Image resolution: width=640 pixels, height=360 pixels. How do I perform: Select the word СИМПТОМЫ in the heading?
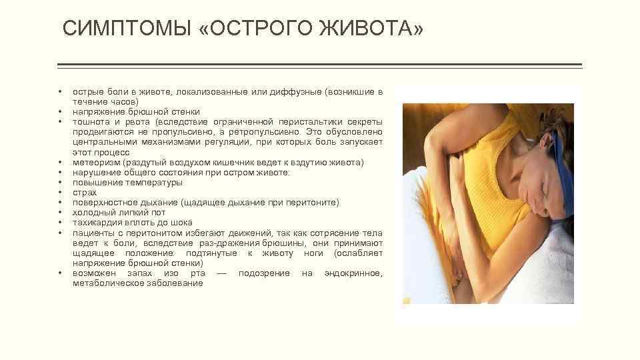(x=127, y=29)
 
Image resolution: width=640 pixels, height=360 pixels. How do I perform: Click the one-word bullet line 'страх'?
(x=85, y=192)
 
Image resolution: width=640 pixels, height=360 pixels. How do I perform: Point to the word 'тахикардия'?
(x=97, y=222)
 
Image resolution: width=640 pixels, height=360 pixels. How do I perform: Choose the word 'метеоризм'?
(x=93, y=162)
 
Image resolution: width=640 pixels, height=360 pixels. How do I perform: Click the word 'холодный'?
(x=91, y=212)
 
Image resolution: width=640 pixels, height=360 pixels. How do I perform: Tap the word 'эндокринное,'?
(x=353, y=273)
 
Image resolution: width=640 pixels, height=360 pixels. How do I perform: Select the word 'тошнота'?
(x=90, y=122)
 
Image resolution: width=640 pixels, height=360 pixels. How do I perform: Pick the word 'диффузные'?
(x=296, y=91)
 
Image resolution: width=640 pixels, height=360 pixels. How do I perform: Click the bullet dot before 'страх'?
(x=60, y=192)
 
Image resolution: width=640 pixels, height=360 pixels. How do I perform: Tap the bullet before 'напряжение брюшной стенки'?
(x=60, y=112)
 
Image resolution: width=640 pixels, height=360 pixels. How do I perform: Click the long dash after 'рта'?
(x=221, y=273)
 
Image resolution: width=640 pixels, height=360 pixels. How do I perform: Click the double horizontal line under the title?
(x=320, y=65)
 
